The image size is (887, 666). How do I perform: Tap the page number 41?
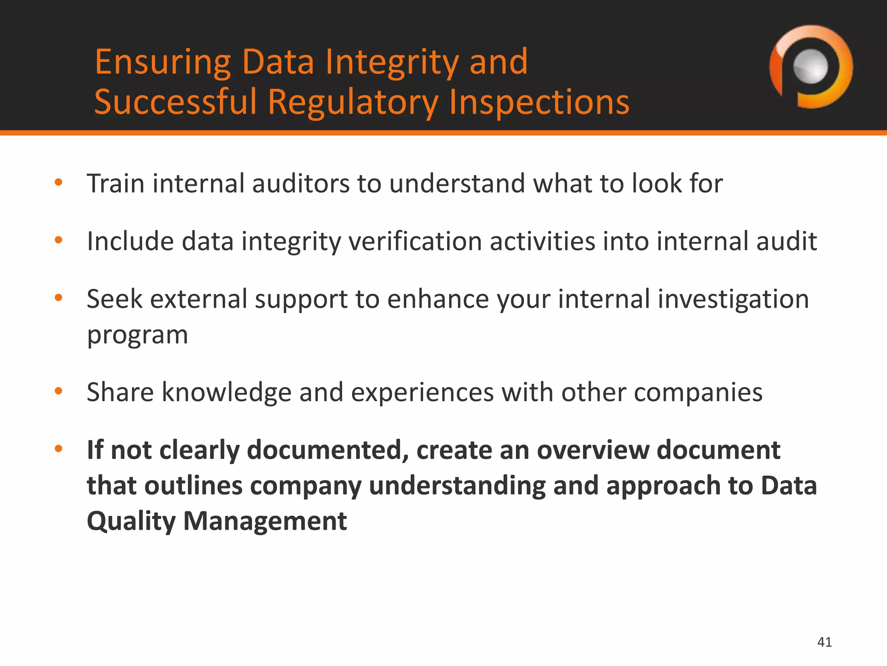824,642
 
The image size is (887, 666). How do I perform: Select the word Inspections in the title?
539,102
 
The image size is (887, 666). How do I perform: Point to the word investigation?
733,300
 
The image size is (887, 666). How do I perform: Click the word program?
137,336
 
